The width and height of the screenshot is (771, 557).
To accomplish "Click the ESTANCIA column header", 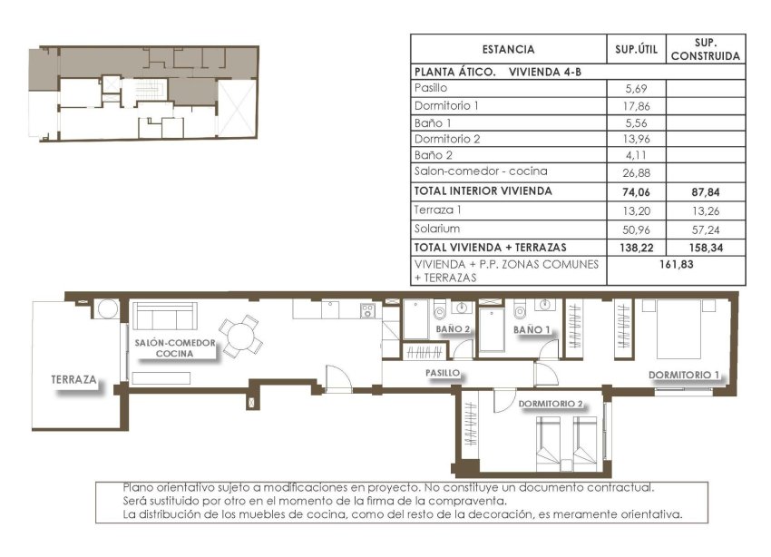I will [508, 50].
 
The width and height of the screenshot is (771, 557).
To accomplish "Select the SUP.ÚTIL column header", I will [635, 50].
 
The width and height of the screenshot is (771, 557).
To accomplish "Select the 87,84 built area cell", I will [705, 192].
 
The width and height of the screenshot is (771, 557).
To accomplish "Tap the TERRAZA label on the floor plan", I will [74, 381].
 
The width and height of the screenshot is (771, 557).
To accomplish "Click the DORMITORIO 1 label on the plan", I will [683, 375].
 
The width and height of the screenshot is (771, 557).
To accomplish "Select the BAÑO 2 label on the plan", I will [453, 329].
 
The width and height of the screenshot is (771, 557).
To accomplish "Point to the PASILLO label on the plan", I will [443, 373].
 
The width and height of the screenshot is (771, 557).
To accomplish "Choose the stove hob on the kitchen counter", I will [368, 310].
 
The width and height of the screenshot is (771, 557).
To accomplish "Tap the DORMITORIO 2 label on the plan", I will [550, 404].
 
